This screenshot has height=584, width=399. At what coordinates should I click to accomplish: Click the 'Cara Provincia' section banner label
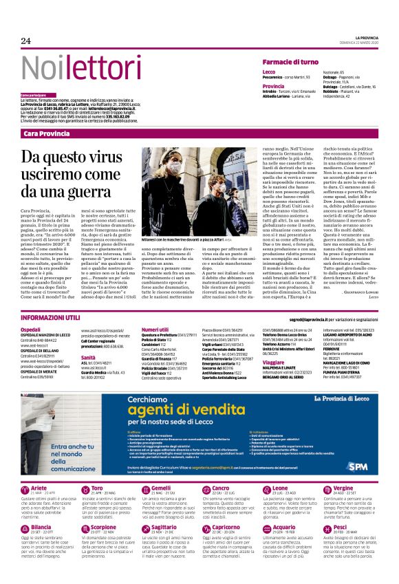47,132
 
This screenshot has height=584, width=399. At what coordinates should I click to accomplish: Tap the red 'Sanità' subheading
88,358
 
